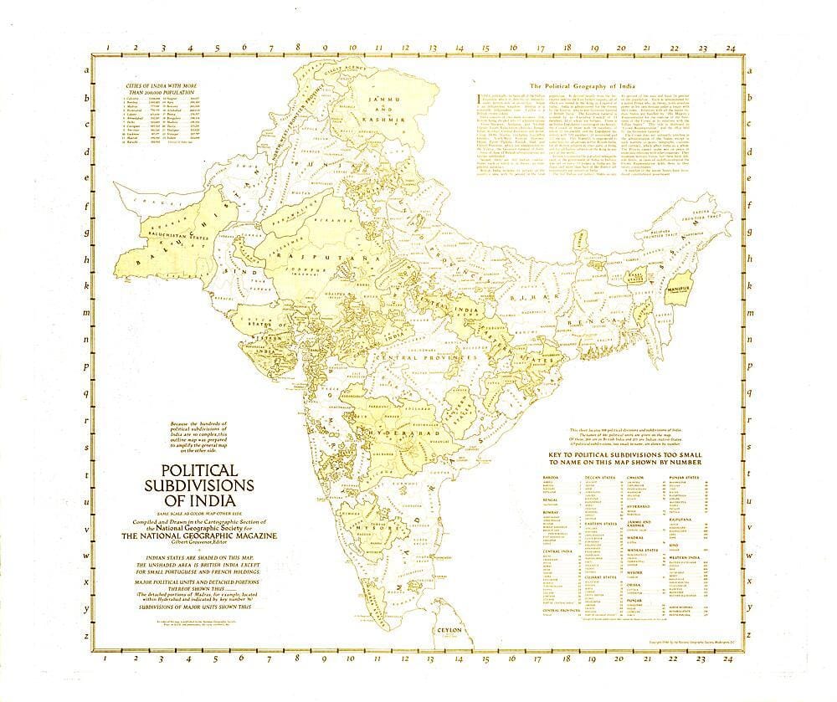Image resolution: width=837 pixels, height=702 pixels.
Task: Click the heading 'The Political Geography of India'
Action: pyautogui.click(x=577, y=86)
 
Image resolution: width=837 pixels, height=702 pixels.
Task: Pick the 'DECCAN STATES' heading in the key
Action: pyautogui.click(x=598, y=479)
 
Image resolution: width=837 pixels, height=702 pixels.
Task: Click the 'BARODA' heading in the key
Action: pyautogui.click(x=551, y=479)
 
